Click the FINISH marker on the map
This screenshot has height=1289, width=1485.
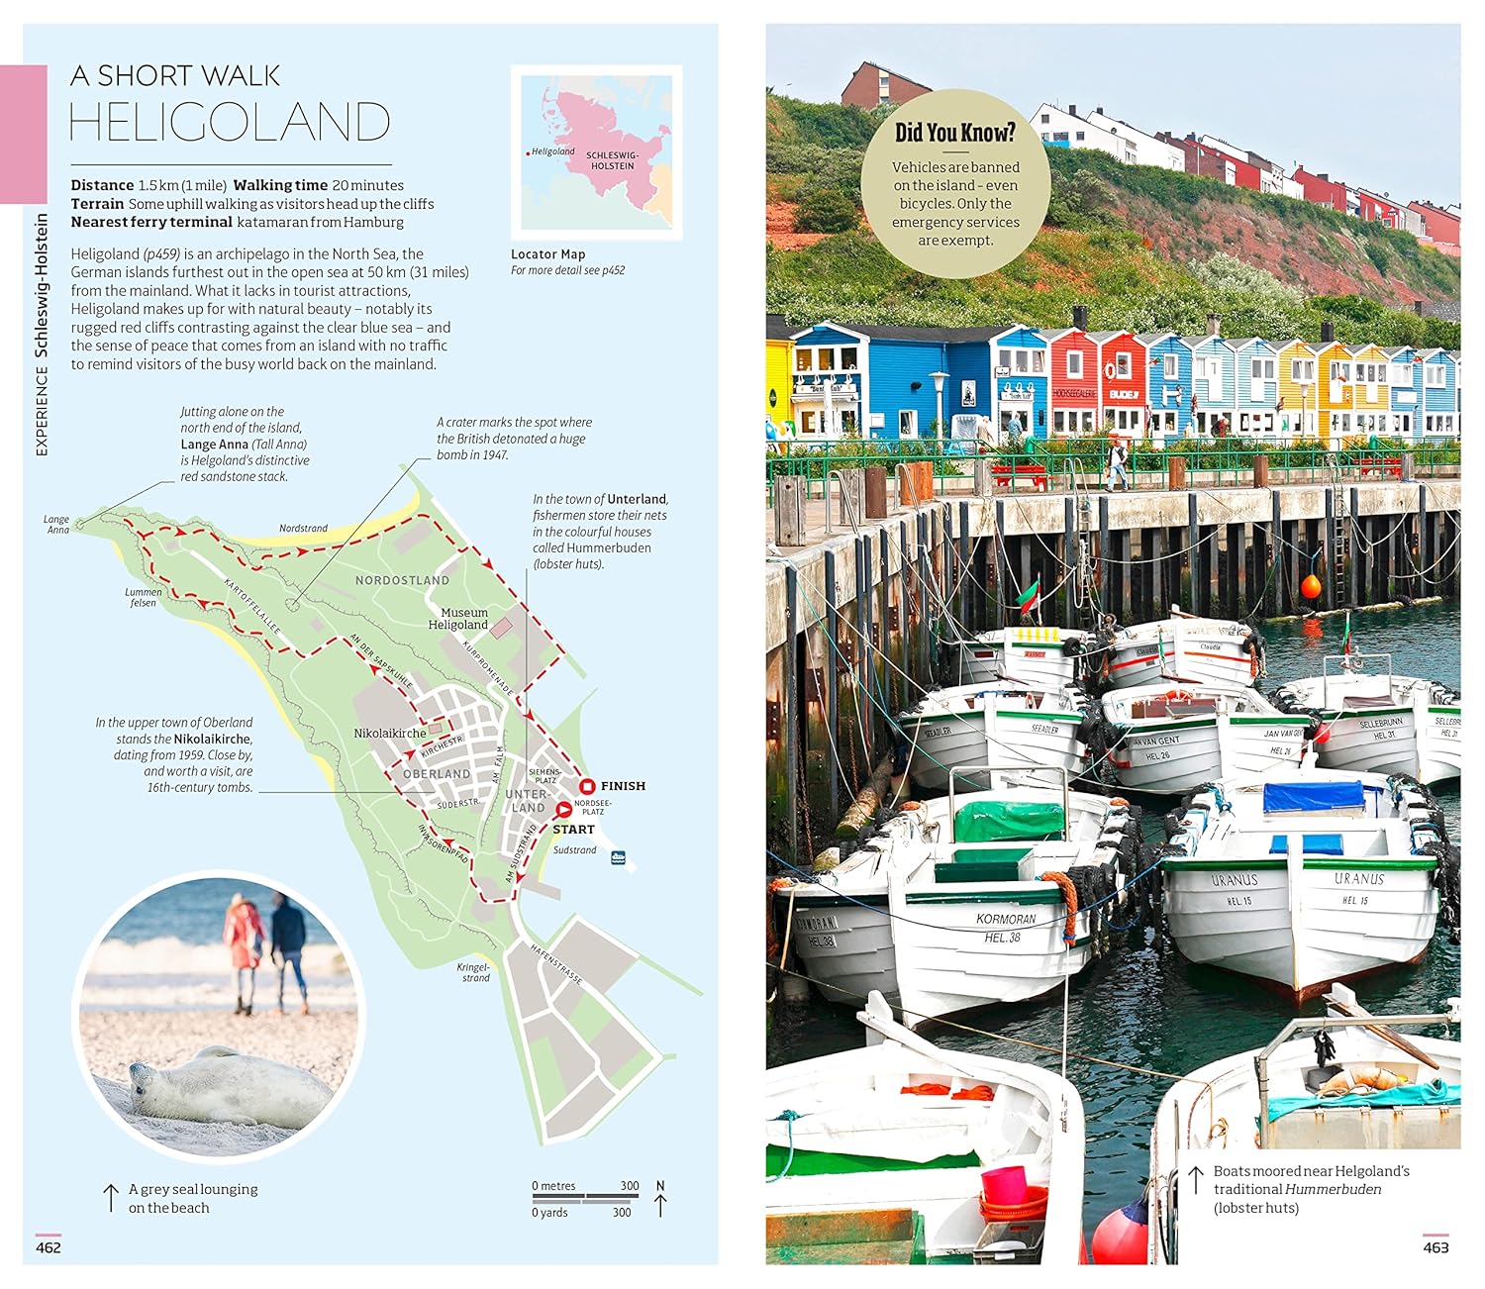pos(587,786)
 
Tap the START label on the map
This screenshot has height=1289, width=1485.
pos(574,830)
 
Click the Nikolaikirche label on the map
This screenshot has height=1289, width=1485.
pos(390,734)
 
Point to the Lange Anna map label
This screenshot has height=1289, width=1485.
pos(57,525)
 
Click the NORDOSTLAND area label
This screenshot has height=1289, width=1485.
pos(402,580)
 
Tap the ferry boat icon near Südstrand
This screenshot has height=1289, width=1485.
pos(619,857)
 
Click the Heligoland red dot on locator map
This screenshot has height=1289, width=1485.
pos(528,153)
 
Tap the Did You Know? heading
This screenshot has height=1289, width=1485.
pos(954,133)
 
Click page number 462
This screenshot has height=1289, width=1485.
pos(49,1247)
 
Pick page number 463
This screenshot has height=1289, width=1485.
pos(1435,1247)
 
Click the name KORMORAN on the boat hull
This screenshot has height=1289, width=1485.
pos(1005,919)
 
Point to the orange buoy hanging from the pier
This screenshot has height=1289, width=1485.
pos(1311,586)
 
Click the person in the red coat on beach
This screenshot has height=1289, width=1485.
pos(242,941)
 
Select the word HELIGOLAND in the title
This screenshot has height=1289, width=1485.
pos(230,123)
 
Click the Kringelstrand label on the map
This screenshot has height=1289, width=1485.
pos(474,972)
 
